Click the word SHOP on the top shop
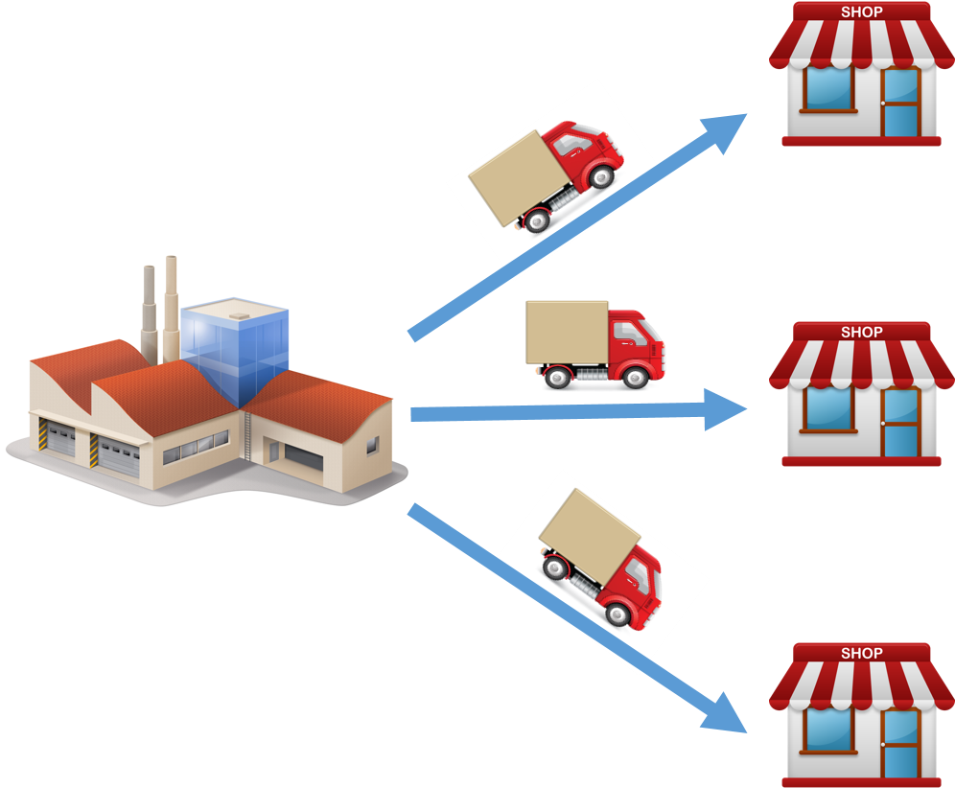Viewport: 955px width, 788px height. (861, 12)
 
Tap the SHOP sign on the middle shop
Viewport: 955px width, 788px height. (861, 333)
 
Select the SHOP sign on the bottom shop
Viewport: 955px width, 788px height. (861, 654)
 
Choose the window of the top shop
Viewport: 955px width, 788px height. (827, 87)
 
